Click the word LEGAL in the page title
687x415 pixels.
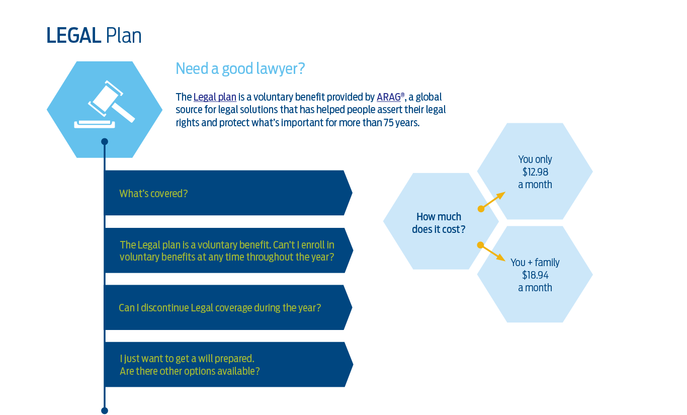tap(73, 36)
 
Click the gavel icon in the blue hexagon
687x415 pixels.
tap(104, 104)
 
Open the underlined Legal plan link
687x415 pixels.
tap(215, 97)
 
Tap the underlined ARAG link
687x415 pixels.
tap(389, 97)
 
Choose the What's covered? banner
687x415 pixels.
tap(228, 193)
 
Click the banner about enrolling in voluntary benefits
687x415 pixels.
tap(228, 251)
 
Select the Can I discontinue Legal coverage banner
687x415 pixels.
tap(228, 307)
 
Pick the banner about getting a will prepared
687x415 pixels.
tap(228, 364)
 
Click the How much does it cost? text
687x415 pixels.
tap(439, 223)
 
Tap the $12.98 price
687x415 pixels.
tap(535, 172)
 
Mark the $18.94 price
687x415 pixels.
tap(535, 275)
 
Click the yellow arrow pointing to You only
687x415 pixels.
tap(492, 201)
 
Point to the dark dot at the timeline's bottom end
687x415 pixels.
tap(105, 410)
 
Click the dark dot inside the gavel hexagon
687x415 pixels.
tap(105, 141)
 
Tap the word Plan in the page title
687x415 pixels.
tap(124, 36)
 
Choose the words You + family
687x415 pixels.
tap(535, 263)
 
